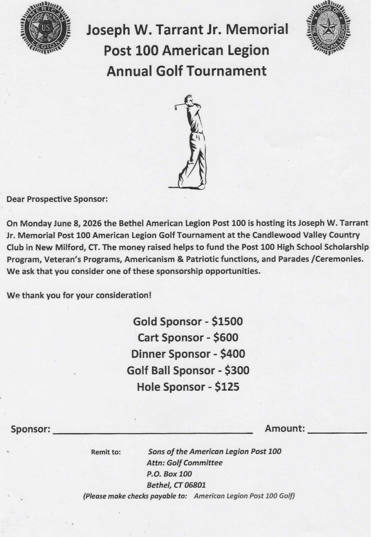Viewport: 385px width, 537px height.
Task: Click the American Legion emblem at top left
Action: click(46, 27)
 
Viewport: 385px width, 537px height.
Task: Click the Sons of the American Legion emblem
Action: click(328, 27)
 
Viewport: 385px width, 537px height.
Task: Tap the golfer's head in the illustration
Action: click(188, 100)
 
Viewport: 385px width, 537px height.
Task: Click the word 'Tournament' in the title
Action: click(226, 71)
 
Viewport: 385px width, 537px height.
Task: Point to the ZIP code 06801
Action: click(193, 485)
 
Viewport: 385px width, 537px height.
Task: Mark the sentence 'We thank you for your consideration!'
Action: click(79, 295)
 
